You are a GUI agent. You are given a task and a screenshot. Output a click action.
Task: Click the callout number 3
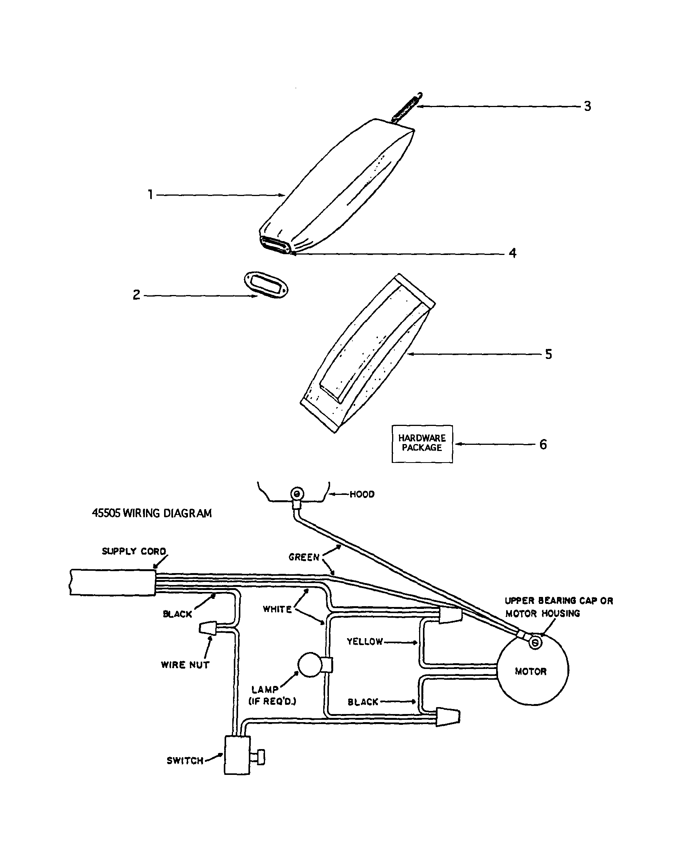(x=587, y=106)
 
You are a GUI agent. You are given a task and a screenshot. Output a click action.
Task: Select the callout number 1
(x=151, y=194)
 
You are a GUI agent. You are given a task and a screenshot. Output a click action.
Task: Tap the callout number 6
(x=543, y=444)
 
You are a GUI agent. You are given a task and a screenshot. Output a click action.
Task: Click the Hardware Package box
(x=422, y=444)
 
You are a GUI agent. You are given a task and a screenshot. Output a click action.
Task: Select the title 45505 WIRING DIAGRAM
(x=152, y=513)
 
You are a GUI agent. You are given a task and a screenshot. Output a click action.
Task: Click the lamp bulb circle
(x=310, y=665)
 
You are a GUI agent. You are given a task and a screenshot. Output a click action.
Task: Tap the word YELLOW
(x=365, y=642)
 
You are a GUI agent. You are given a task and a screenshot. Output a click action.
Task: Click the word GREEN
(x=304, y=557)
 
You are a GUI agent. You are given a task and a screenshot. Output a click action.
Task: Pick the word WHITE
(x=277, y=609)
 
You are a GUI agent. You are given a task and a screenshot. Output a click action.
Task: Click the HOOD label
(x=362, y=494)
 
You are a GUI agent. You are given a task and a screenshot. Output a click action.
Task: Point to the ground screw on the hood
(x=296, y=494)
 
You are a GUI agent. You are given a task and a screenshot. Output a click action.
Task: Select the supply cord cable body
(x=112, y=582)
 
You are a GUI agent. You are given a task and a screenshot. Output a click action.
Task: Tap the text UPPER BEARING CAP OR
(x=559, y=601)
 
